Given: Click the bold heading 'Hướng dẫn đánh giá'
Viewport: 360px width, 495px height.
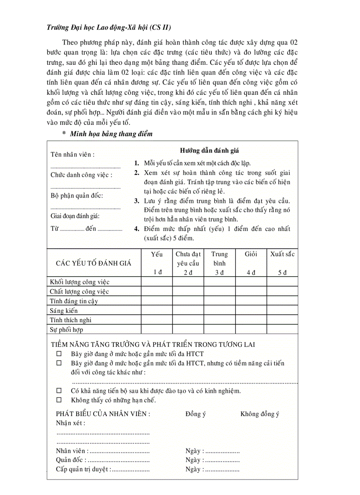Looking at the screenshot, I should click(x=210, y=151).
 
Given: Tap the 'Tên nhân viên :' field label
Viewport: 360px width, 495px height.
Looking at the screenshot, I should click(x=72, y=155).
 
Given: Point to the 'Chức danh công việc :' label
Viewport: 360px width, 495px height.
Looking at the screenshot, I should click(x=81, y=175).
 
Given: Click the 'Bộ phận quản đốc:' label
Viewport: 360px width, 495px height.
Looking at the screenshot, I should click(x=76, y=195).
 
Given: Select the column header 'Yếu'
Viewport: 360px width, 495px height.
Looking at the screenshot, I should click(x=157, y=254).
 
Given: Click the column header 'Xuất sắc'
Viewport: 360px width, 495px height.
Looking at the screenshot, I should click(x=282, y=254).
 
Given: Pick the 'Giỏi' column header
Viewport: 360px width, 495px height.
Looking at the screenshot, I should click(x=251, y=254).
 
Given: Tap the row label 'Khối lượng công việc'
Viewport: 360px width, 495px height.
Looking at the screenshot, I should click(x=79, y=282).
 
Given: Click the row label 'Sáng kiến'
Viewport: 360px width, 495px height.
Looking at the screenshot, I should click(x=64, y=311).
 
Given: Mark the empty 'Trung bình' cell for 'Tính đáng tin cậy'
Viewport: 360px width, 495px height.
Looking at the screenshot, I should click(x=219, y=301).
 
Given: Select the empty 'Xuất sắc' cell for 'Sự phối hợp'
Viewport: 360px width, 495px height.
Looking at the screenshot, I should click(x=282, y=330).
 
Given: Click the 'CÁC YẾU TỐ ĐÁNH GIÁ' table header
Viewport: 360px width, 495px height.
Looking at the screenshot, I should click(x=94, y=263).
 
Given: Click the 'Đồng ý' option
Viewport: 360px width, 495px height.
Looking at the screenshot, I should click(x=195, y=414).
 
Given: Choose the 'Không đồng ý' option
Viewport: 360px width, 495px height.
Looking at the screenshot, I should click(x=260, y=414).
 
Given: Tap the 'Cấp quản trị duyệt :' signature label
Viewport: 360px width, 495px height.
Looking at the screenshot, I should click(x=83, y=469).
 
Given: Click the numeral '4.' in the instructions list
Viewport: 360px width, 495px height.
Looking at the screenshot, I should click(x=137, y=229).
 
